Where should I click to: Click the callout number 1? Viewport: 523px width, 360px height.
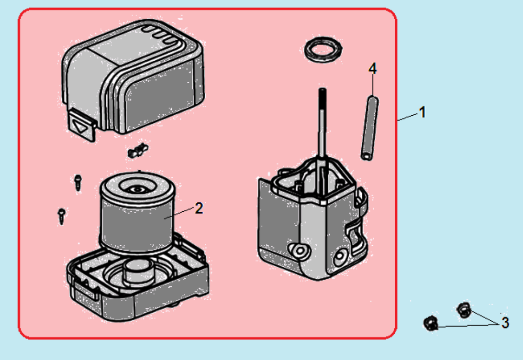[422, 112]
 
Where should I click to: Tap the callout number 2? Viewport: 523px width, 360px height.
[199, 208]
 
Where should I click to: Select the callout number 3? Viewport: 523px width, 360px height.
[505, 323]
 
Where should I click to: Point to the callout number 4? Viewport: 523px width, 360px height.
[372, 69]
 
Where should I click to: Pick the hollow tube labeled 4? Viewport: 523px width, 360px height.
[369, 128]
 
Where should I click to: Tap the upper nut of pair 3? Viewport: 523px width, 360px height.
[463, 310]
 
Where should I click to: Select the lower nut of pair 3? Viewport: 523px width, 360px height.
[431, 324]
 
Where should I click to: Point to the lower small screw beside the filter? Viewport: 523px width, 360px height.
[61, 215]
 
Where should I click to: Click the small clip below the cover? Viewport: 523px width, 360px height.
[137, 151]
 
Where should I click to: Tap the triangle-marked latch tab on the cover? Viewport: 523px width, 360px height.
[81, 125]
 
